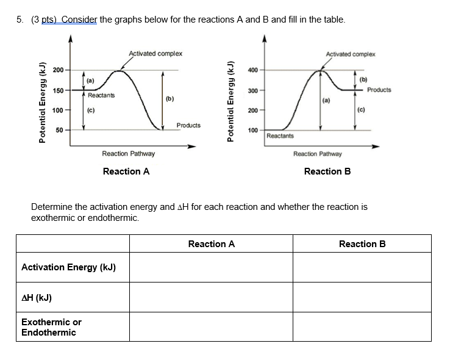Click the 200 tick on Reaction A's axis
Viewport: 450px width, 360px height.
coord(59,70)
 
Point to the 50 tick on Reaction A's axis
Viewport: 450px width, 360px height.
coord(60,130)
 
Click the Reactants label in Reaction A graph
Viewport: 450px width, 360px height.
coord(101,96)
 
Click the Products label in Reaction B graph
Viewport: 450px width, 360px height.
coord(379,90)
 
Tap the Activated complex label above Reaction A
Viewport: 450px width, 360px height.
coord(155,54)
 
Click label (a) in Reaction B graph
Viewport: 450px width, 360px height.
coord(326,98)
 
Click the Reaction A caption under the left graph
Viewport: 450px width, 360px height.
coord(126,171)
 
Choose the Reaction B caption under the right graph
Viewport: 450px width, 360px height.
coord(327,171)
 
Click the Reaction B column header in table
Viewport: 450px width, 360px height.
coord(362,244)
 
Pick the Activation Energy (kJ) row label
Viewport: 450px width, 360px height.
coord(68,267)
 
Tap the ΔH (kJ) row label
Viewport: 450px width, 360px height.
coord(37,298)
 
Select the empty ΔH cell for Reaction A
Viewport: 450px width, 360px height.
coord(211,298)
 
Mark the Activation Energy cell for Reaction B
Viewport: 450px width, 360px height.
coord(362,267)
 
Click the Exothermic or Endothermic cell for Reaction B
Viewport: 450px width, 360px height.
coord(362,327)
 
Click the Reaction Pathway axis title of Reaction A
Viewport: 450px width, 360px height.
coord(128,154)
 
